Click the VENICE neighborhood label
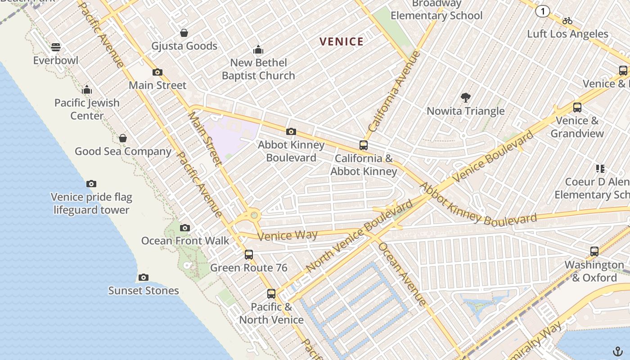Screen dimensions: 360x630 341,42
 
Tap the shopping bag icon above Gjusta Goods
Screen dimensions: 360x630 184,33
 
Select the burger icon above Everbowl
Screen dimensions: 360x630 56,47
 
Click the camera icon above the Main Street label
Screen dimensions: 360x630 157,72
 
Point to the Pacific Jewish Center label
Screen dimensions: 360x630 87,109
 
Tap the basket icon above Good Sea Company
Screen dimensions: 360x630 122,138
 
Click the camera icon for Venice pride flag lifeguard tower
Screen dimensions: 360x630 91,184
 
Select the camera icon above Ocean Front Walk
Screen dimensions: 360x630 184,228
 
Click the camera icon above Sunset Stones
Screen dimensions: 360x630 144,277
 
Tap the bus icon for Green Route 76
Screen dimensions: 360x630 249,255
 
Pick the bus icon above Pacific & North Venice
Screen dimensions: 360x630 271,294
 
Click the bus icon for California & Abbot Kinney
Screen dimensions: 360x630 364,145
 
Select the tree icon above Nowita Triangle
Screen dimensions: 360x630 465,97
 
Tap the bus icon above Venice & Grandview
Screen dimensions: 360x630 577,108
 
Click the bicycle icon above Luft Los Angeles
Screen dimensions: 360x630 567,21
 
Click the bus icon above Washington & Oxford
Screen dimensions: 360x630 594,252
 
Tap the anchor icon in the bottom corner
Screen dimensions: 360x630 618,351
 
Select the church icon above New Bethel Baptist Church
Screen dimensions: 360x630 258,49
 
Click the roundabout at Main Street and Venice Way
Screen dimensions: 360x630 254,215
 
